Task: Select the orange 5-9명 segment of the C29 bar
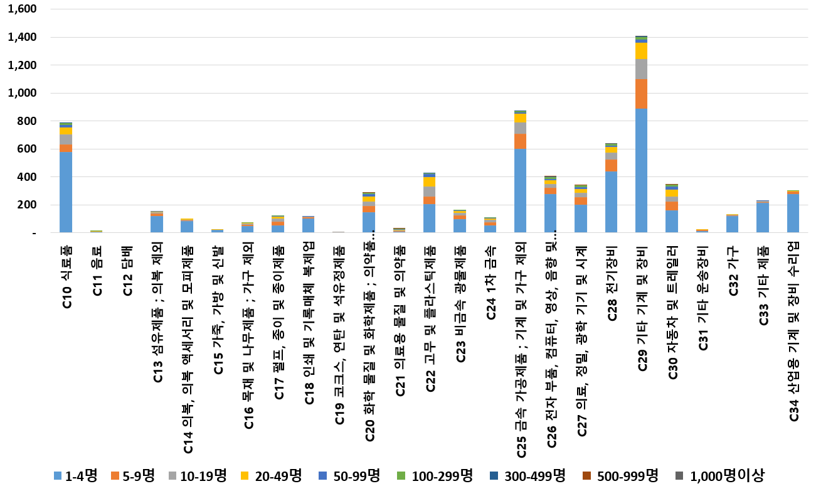641,94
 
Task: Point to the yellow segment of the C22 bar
429,182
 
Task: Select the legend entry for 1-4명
75,476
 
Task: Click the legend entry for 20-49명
273,476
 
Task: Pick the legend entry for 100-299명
436,476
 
